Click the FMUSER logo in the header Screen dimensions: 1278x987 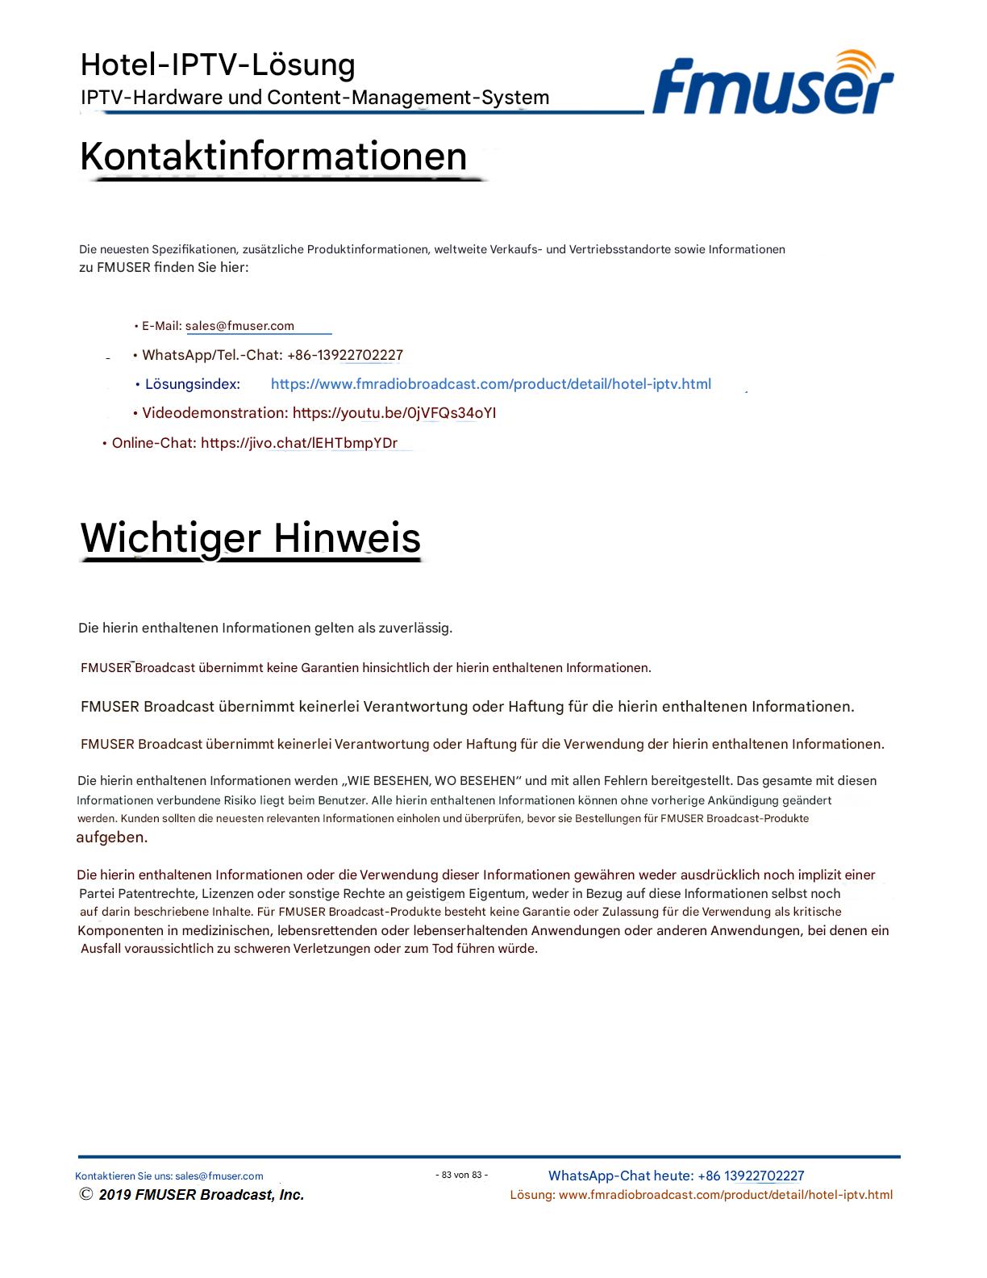[773, 84]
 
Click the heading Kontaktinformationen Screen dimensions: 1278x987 [273, 156]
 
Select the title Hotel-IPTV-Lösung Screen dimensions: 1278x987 [218, 65]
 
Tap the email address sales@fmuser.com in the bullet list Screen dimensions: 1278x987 [239, 326]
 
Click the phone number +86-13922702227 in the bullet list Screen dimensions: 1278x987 [345, 355]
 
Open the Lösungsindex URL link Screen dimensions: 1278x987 [490, 384]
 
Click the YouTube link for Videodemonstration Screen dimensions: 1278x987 [394, 413]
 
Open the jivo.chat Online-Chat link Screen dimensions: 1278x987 [298, 443]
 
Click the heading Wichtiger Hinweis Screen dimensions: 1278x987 [250, 537]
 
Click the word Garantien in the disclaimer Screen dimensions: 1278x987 [331, 668]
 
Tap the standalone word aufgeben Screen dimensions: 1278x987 [111, 837]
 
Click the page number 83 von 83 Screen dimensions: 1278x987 [462, 1175]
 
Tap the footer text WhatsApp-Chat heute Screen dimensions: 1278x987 [620, 1176]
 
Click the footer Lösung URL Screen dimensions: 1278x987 [725, 1195]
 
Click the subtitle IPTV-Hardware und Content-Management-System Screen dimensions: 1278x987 [314, 98]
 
